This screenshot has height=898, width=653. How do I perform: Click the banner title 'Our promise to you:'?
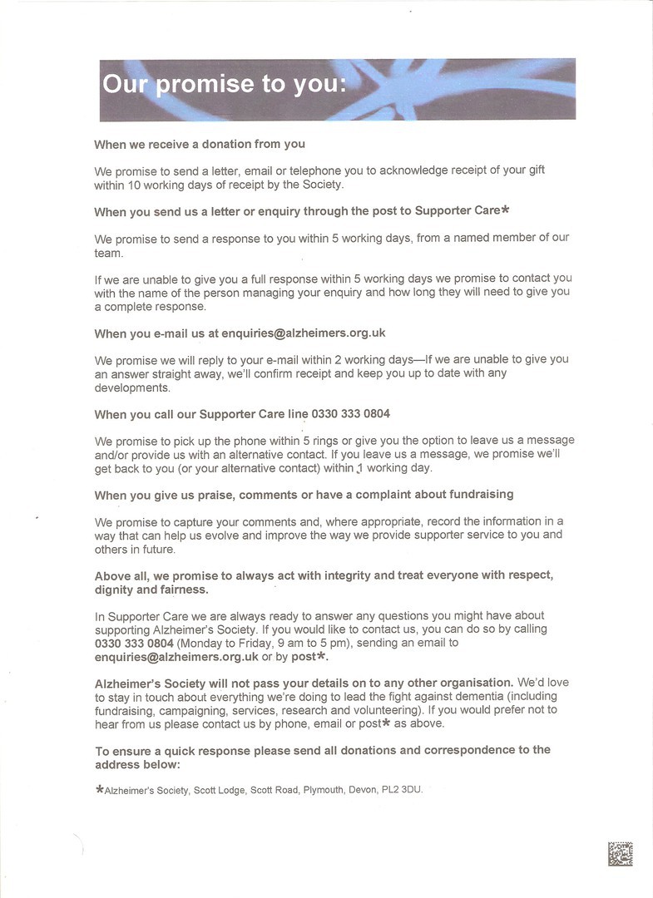click(223, 85)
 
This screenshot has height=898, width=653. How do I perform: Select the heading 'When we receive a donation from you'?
click(200, 144)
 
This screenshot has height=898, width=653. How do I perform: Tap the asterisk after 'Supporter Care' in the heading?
click(505, 210)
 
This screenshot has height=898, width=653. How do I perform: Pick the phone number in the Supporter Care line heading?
click(351, 414)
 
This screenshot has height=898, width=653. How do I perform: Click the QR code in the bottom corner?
click(620, 854)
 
